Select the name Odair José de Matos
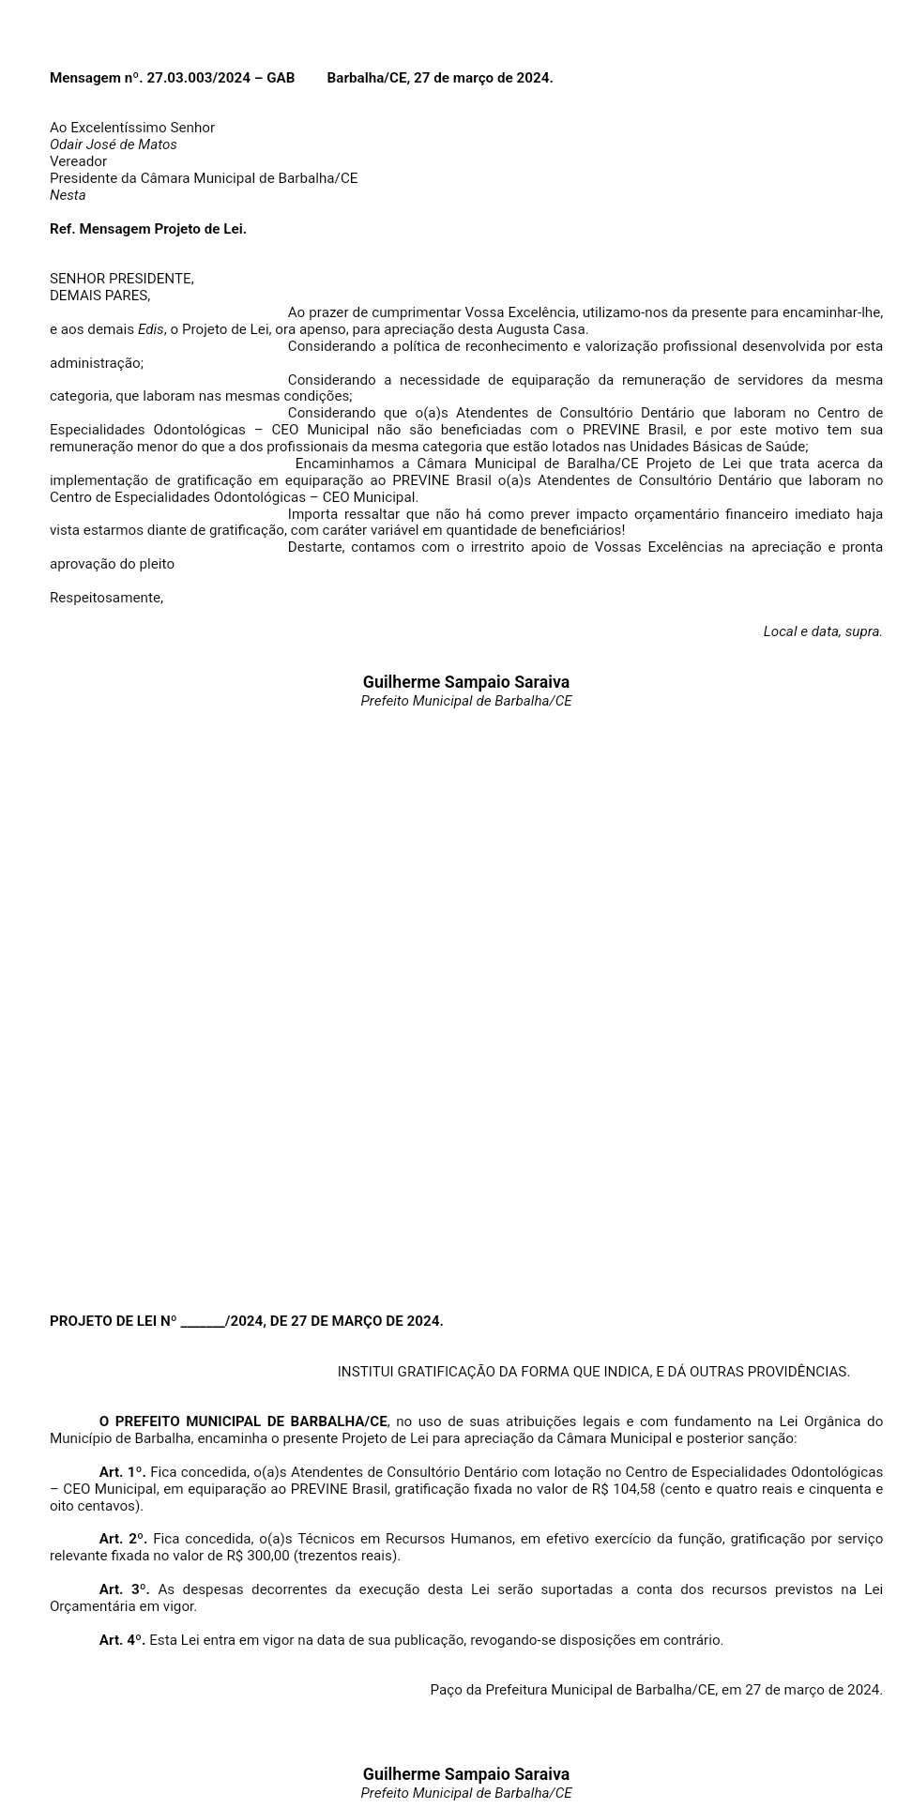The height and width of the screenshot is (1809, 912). click(113, 144)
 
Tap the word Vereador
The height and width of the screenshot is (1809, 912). click(78, 161)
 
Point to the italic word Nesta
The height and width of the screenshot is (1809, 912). click(68, 195)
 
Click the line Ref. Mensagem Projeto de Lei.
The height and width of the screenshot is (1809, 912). click(148, 229)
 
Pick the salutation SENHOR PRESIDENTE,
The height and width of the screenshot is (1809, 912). click(122, 279)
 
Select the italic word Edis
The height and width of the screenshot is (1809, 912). click(150, 329)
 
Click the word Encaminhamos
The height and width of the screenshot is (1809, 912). click(340, 464)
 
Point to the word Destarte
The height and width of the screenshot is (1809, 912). click(315, 547)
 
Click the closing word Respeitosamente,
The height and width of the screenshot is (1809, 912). click(106, 598)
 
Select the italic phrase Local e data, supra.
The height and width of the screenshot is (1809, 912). click(822, 631)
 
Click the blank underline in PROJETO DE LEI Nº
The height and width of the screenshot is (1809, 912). click(203, 1321)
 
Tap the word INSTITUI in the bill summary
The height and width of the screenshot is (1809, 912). click(365, 1372)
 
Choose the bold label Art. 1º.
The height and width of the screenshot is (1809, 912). click(122, 1472)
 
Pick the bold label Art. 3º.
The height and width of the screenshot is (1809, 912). click(124, 1589)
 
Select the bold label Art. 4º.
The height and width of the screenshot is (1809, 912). click(122, 1640)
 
